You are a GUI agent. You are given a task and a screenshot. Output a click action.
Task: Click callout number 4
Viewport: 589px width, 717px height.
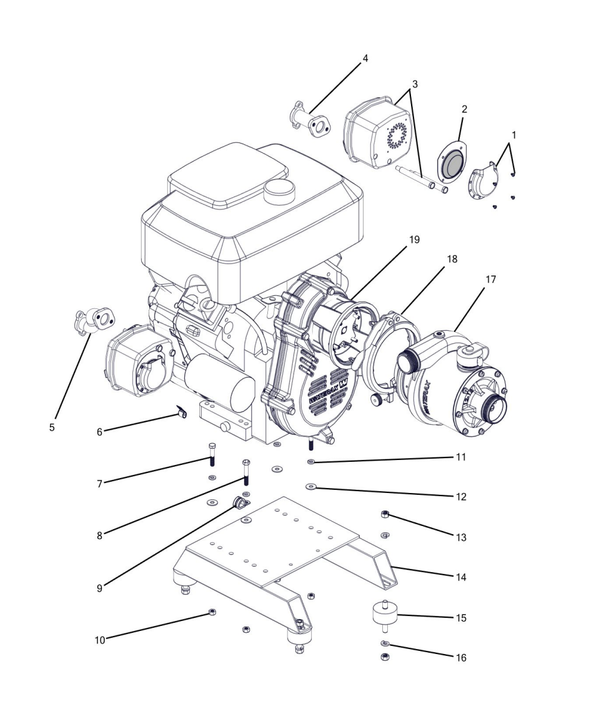click(365, 58)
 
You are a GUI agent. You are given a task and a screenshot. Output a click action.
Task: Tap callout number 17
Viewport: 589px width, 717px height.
click(491, 280)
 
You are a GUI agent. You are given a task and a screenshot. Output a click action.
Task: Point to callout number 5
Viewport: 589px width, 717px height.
click(52, 428)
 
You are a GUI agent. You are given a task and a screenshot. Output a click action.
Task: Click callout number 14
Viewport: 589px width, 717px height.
click(460, 577)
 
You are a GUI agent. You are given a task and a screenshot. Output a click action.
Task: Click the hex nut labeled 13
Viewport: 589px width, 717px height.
click(385, 514)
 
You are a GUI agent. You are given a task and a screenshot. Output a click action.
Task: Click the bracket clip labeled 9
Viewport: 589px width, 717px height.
click(239, 502)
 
